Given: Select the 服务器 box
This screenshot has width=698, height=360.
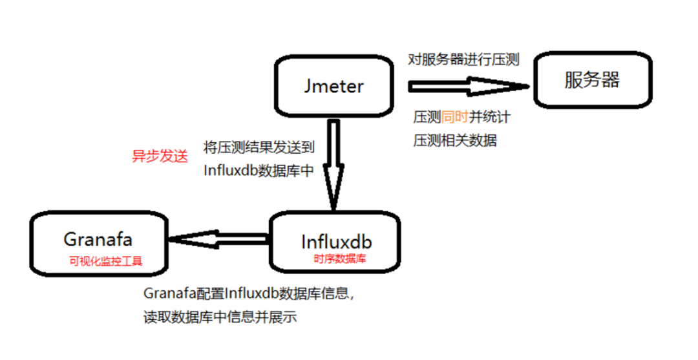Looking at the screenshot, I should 591,80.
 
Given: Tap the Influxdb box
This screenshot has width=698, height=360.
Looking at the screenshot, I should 336,243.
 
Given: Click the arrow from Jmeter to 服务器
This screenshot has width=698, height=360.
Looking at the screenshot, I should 465,87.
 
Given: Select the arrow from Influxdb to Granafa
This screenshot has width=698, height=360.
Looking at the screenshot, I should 220,239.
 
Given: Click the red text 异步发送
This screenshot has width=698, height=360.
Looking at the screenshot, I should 160,156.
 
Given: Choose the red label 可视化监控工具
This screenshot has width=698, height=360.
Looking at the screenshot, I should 105,261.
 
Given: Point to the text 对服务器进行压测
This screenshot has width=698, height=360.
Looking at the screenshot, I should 463,59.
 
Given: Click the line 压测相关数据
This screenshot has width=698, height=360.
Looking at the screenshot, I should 455,140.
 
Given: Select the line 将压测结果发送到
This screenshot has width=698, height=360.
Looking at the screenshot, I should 259,148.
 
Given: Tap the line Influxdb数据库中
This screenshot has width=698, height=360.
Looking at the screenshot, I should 259,171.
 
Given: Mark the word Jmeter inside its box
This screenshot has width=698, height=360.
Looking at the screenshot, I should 333,85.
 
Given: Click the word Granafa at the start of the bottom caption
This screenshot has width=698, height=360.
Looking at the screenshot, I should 167,294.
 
